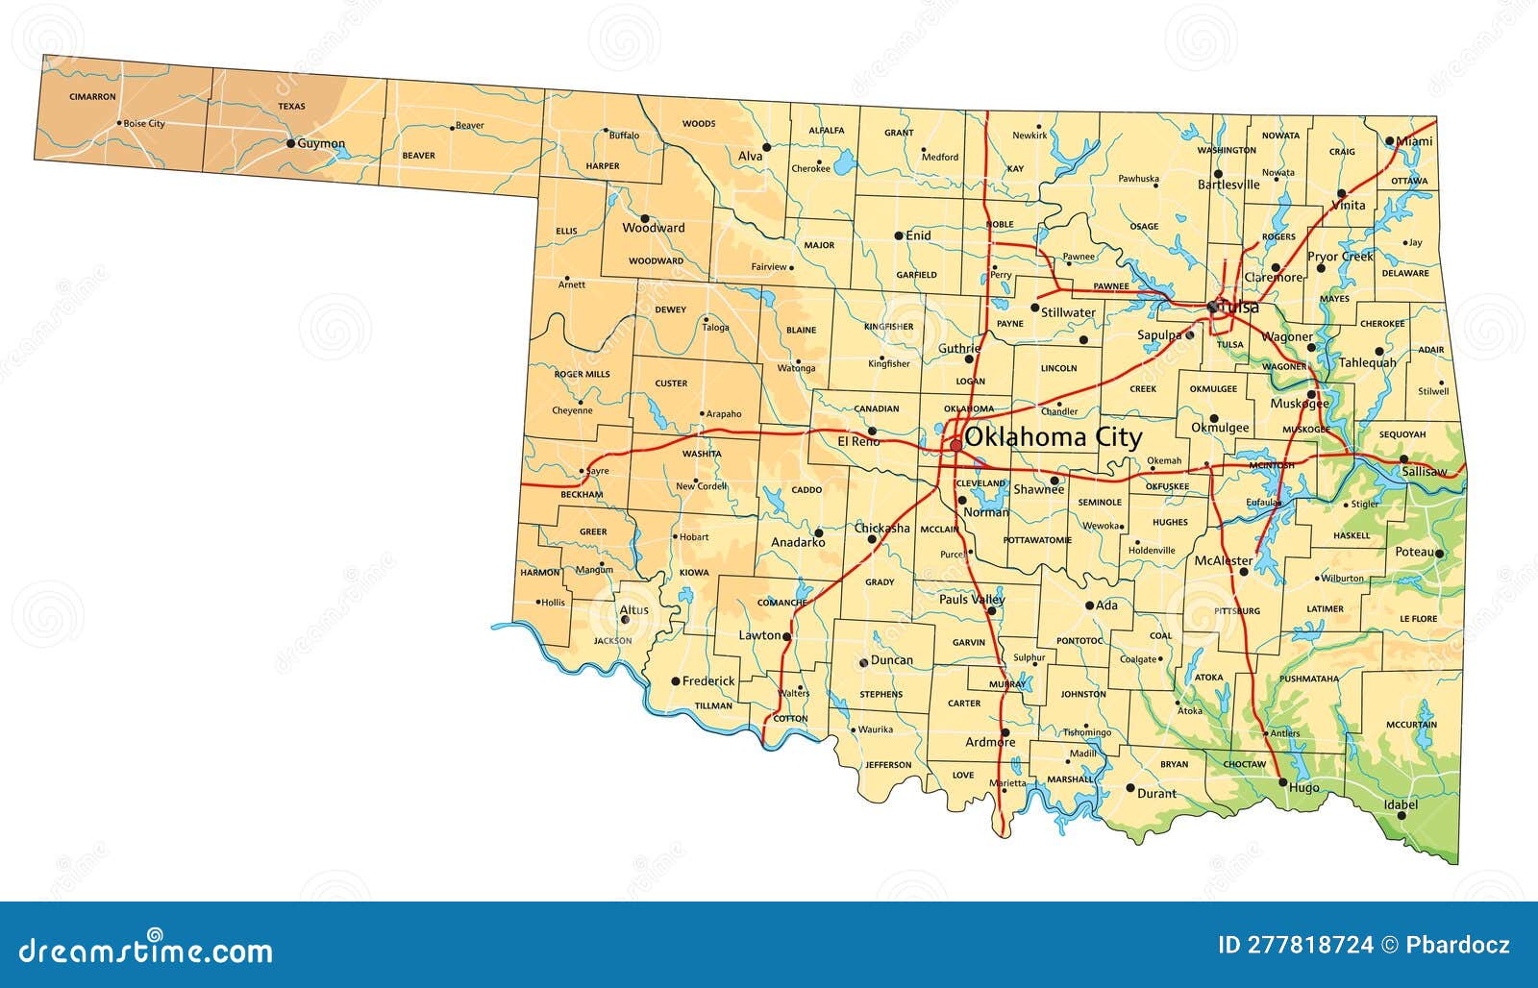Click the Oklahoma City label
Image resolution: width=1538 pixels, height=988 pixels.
point(1053,438)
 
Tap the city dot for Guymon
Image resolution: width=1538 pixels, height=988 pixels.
point(290,143)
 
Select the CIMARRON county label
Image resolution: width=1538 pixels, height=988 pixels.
point(92,97)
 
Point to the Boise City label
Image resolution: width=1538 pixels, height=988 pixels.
point(144,124)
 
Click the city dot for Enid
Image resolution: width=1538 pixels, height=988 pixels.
point(899,235)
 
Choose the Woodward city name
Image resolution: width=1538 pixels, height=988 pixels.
point(654,229)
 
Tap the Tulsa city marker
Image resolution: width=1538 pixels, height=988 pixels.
point(1212,307)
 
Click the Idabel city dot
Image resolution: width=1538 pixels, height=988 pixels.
point(1401,816)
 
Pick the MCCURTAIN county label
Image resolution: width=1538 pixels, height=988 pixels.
point(1411,725)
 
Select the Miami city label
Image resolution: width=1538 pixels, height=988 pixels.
point(1414,141)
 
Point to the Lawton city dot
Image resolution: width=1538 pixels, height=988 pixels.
point(786,636)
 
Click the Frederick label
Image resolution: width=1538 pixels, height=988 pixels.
point(708,681)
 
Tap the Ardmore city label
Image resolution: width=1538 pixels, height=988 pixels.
point(990,742)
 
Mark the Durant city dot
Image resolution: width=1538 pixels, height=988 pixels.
point(1130,788)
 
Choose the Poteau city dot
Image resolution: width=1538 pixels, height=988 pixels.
point(1439,554)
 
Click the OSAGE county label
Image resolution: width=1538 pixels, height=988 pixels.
point(1144,227)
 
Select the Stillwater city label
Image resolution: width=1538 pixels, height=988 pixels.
point(1068,312)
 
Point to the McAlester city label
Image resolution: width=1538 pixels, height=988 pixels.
point(1224,561)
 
